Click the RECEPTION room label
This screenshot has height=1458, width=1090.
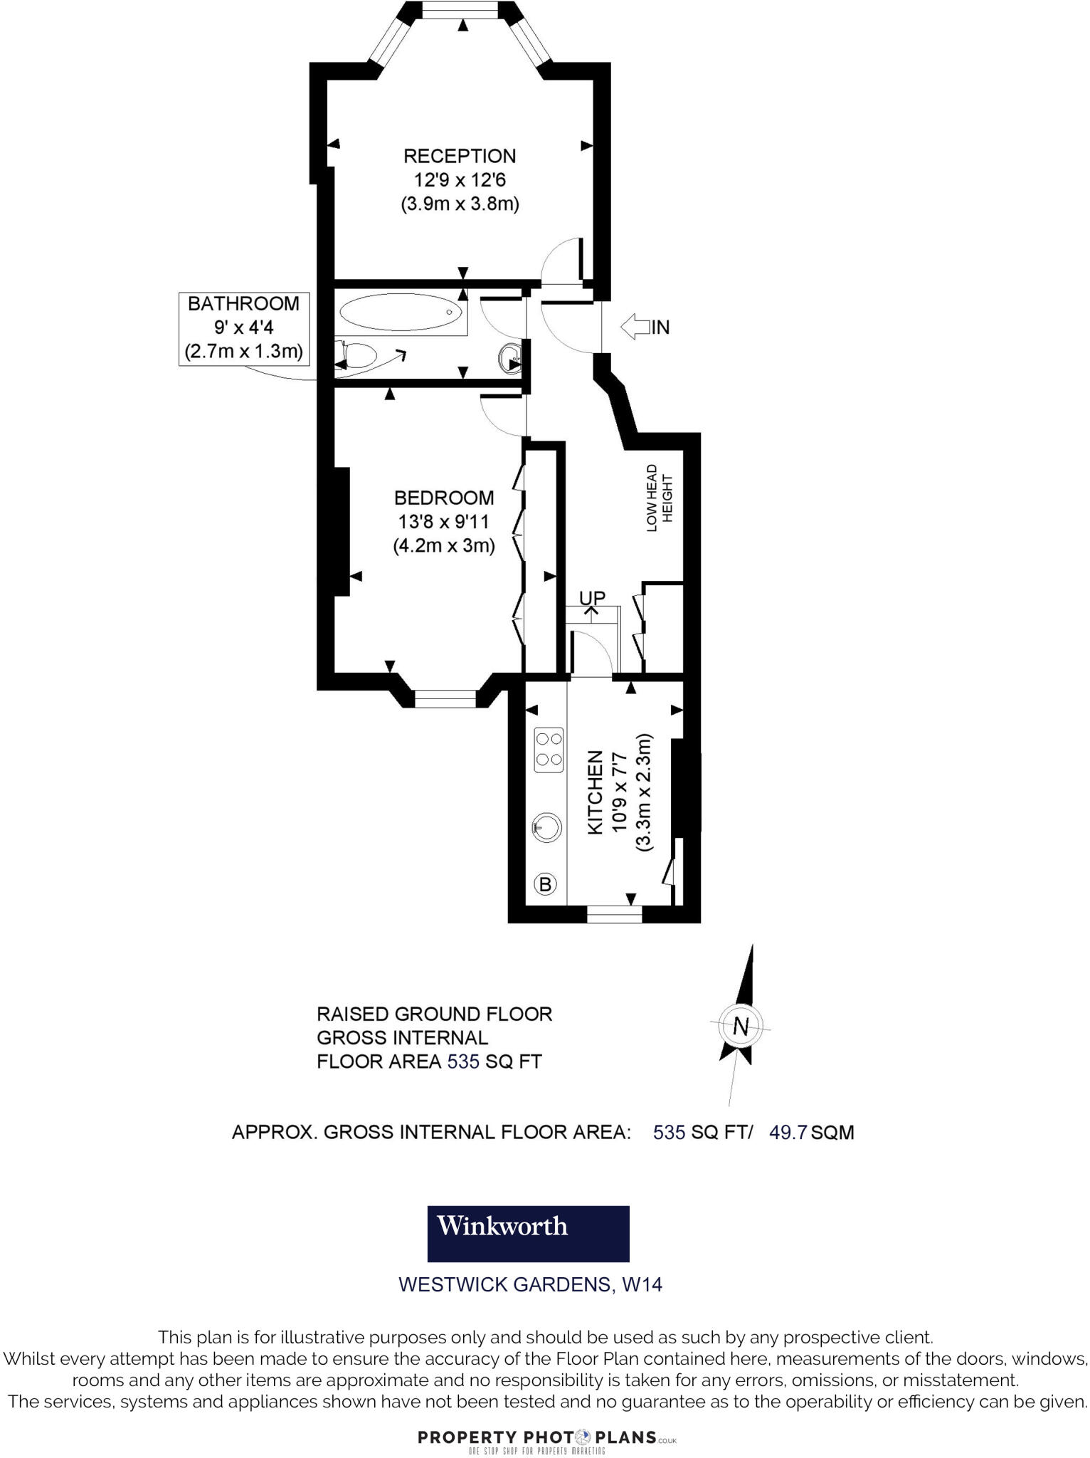(x=460, y=156)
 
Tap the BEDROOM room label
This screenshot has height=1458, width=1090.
(x=444, y=498)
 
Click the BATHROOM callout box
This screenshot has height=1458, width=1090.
(x=243, y=328)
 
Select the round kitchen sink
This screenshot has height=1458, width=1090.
(x=547, y=827)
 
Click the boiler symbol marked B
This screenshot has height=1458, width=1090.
(x=546, y=884)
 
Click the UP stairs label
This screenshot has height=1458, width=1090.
(x=592, y=597)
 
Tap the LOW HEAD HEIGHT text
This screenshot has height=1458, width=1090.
(x=659, y=498)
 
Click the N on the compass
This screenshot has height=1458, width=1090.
(x=741, y=1027)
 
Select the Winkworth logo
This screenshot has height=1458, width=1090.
(x=528, y=1234)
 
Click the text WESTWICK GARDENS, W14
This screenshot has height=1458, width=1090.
(x=530, y=1285)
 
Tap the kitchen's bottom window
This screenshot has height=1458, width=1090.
(x=614, y=914)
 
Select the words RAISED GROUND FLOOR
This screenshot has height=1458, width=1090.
(x=434, y=1014)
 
